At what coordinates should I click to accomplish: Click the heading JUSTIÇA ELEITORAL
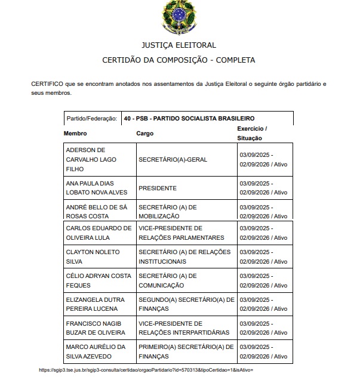pyautogui.click(x=179, y=45)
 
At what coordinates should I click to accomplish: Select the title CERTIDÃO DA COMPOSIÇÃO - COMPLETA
pyautogui.click(x=179, y=60)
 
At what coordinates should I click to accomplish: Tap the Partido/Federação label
pyautogui.click(x=91, y=119)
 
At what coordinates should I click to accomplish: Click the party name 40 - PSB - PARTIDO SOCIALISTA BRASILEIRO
pyautogui.click(x=190, y=119)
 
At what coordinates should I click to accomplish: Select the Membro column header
pyautogui.click(x=76, y=134)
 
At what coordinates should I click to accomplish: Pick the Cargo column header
pyautogui.click(x=144, y=134)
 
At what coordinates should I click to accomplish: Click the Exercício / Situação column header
pyautogui.click(x=253, y=133)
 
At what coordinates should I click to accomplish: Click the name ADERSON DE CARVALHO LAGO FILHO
pyautogui.click(x=89, y=159)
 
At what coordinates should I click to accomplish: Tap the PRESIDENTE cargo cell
pyautogui.click(x=158, y=188)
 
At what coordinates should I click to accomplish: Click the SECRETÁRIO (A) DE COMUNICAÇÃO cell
pyautogui.click(x=167, y=280)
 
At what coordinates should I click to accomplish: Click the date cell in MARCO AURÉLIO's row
pyautogui.click(x=263, y=352)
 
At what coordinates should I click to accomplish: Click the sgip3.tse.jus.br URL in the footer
pyautogui.click(x=146, y=370)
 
